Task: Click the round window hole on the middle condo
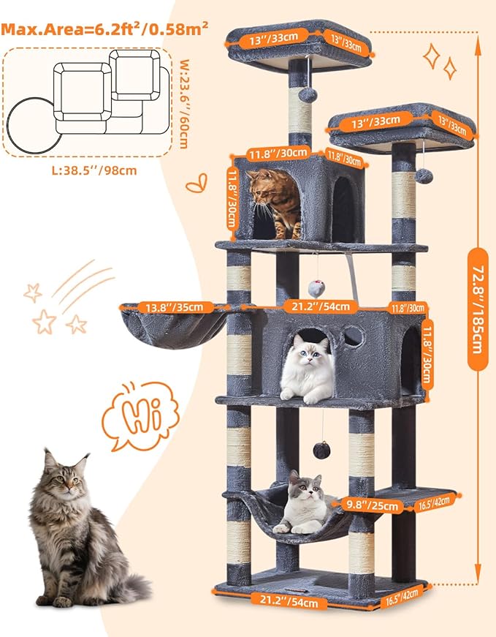tap(353, 336)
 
